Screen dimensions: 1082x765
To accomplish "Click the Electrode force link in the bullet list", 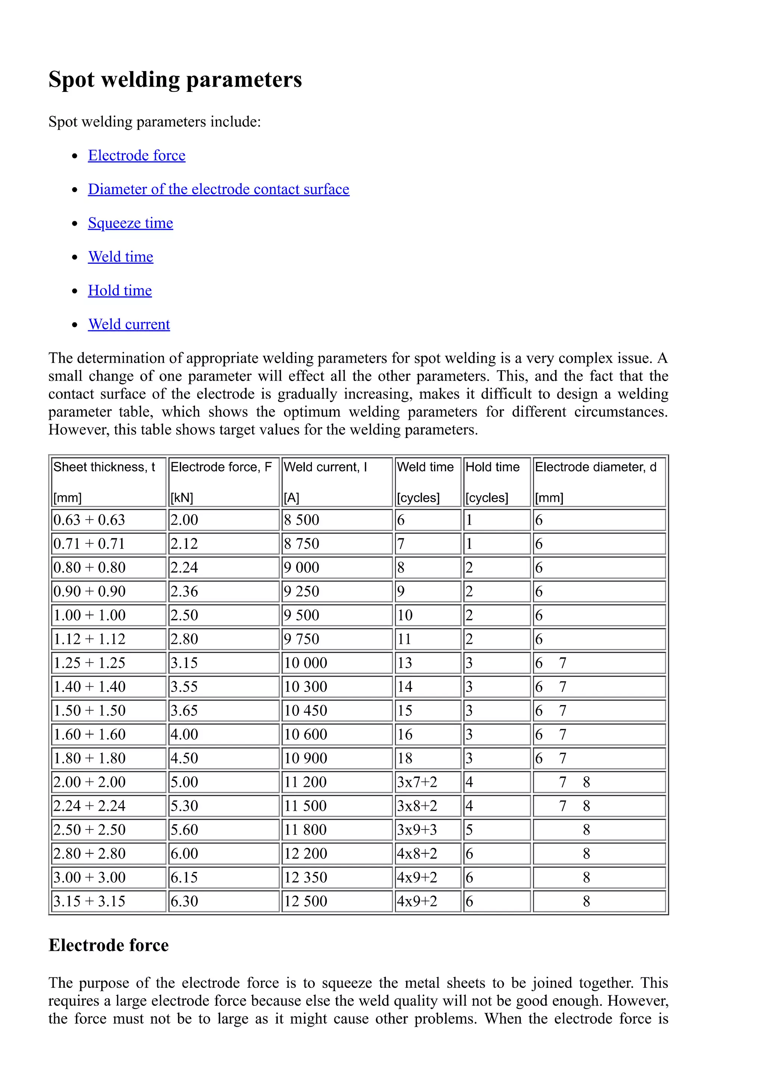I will [x=137, y=155].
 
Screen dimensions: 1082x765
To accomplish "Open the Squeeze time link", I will [x=130, y=223].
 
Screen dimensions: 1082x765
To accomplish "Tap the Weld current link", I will [x=129, y=324].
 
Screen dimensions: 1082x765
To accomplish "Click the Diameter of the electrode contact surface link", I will [x=219, y=189].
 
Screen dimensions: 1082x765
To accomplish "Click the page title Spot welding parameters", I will [x=175, y=79].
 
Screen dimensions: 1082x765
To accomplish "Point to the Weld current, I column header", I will [x=325, y=467].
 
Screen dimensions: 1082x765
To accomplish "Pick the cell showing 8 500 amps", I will [x=301, y=520].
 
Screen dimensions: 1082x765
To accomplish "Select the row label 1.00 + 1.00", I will [x=90, y=615].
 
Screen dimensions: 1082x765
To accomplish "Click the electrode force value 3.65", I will [x=184, y=710].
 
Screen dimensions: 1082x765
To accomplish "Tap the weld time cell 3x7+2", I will [x=417, y=782].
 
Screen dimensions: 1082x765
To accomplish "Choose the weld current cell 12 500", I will [x=305, y=901].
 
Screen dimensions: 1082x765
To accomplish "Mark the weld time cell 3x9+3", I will [x=417, y=829].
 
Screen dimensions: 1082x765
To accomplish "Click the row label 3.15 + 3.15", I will [x=90, y=901].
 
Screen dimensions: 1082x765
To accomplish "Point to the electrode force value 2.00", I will [x=184, y=520].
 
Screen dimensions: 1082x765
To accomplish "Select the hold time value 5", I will [x=469, y=829].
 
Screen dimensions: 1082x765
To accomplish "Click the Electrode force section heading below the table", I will [x=108, y=945].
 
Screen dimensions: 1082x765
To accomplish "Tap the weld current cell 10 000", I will [x=305, y=662].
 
